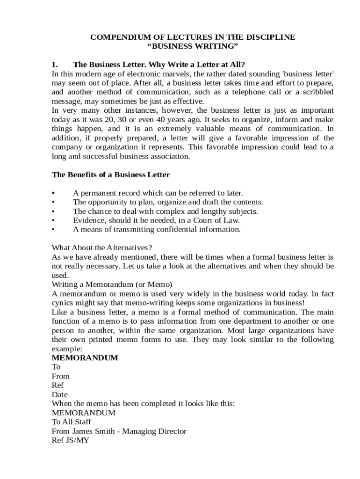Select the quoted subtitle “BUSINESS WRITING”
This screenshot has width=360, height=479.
pyautogui.click(x=193, y=46)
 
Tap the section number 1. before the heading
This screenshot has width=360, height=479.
pyautogui.click(x=54, y=65)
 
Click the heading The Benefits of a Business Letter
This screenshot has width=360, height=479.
pyautogui.click(x=110, y=174)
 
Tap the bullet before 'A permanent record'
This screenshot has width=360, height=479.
pyautogui.click(x=54, y=193)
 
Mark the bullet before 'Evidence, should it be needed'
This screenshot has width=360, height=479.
pyautogui.click(x=54, y=220)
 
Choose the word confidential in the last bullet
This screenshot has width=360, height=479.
pyautogui.click(x=176, y=229)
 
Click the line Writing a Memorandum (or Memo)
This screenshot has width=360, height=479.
pyautogui.click(x=112, y=284)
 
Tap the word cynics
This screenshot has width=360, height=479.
pyautogui.click(x=62, y=303)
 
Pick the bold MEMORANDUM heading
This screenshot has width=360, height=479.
pyautogui.click(x=85, y=358)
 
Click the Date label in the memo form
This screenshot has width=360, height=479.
pyautogui.click(x=59, y=394)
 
